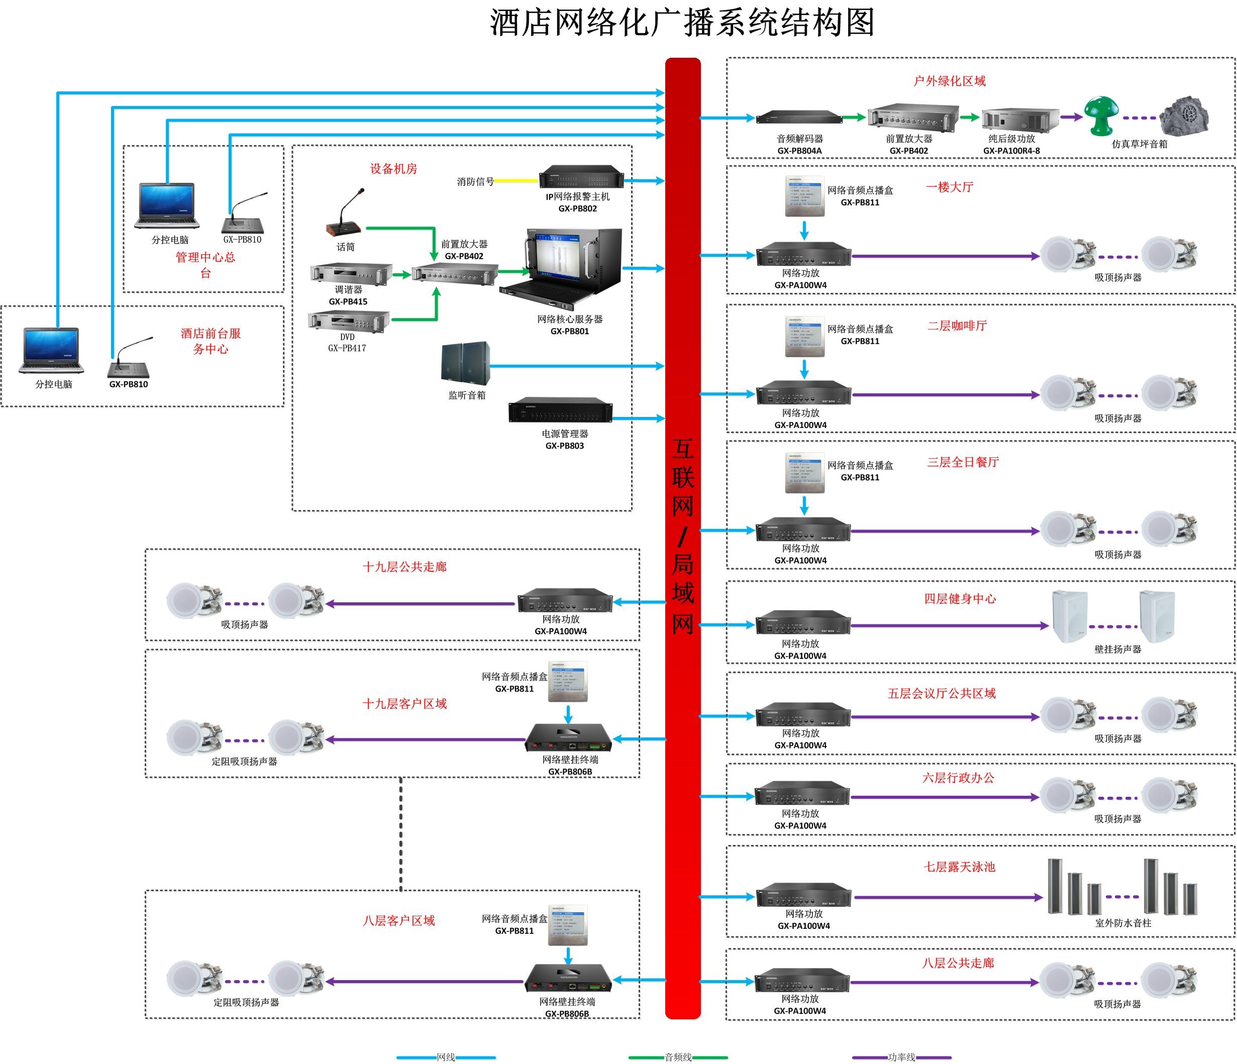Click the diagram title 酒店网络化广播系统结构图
[x=682, y=23]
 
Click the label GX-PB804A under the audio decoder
[x=799, y=151]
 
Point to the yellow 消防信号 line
[x=516, y=180]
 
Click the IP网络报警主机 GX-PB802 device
[x=581, y=177]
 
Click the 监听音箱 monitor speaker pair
[x=465, y=363]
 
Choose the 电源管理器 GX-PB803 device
[x=560, y=409]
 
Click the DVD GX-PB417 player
[x=349, y=321]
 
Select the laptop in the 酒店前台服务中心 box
[x=51, y=350]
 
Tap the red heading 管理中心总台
[x=205, y=265]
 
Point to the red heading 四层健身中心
[x=959, y=598]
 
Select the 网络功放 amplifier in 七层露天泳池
[x=803, y=896]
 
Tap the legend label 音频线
[x=678, y=1057]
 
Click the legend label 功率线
[x=901, y=1057]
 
